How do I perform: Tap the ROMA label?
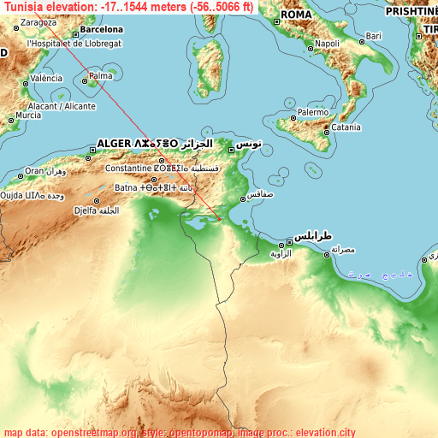click(x=296, y=15)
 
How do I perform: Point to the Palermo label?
click(x=313, y=112)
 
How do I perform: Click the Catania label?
click(x=346, y=127)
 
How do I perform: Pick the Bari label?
click(x=374, y=36)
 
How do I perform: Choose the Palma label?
click(x=101, y=76)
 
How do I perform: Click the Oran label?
click(x=34, y=171)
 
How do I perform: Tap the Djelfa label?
click(x=86, y=210)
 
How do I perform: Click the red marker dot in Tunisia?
click(x=219, y=220)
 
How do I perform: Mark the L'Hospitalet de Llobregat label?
click(x=75, y=42)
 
